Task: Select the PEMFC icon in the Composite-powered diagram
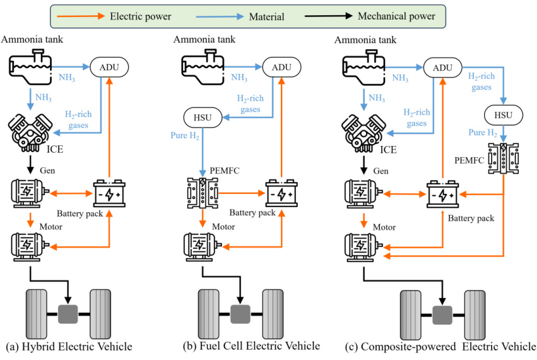(x=503, y=159)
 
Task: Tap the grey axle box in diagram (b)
(x=240, y=314)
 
